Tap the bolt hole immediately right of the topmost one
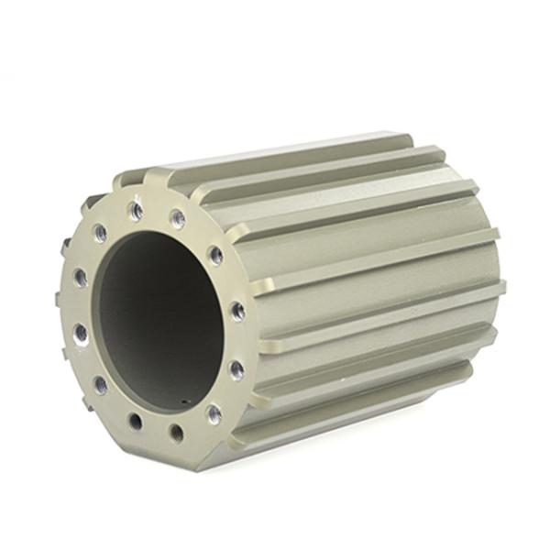[177, 219]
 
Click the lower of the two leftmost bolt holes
[81, 333]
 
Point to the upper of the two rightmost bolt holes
[236, 311]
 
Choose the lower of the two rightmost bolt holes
[236, 368]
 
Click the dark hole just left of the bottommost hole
[136, 422]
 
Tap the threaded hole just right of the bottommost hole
[214, 414]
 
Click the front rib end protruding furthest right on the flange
[266, 346]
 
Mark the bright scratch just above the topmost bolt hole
[137, 194]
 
